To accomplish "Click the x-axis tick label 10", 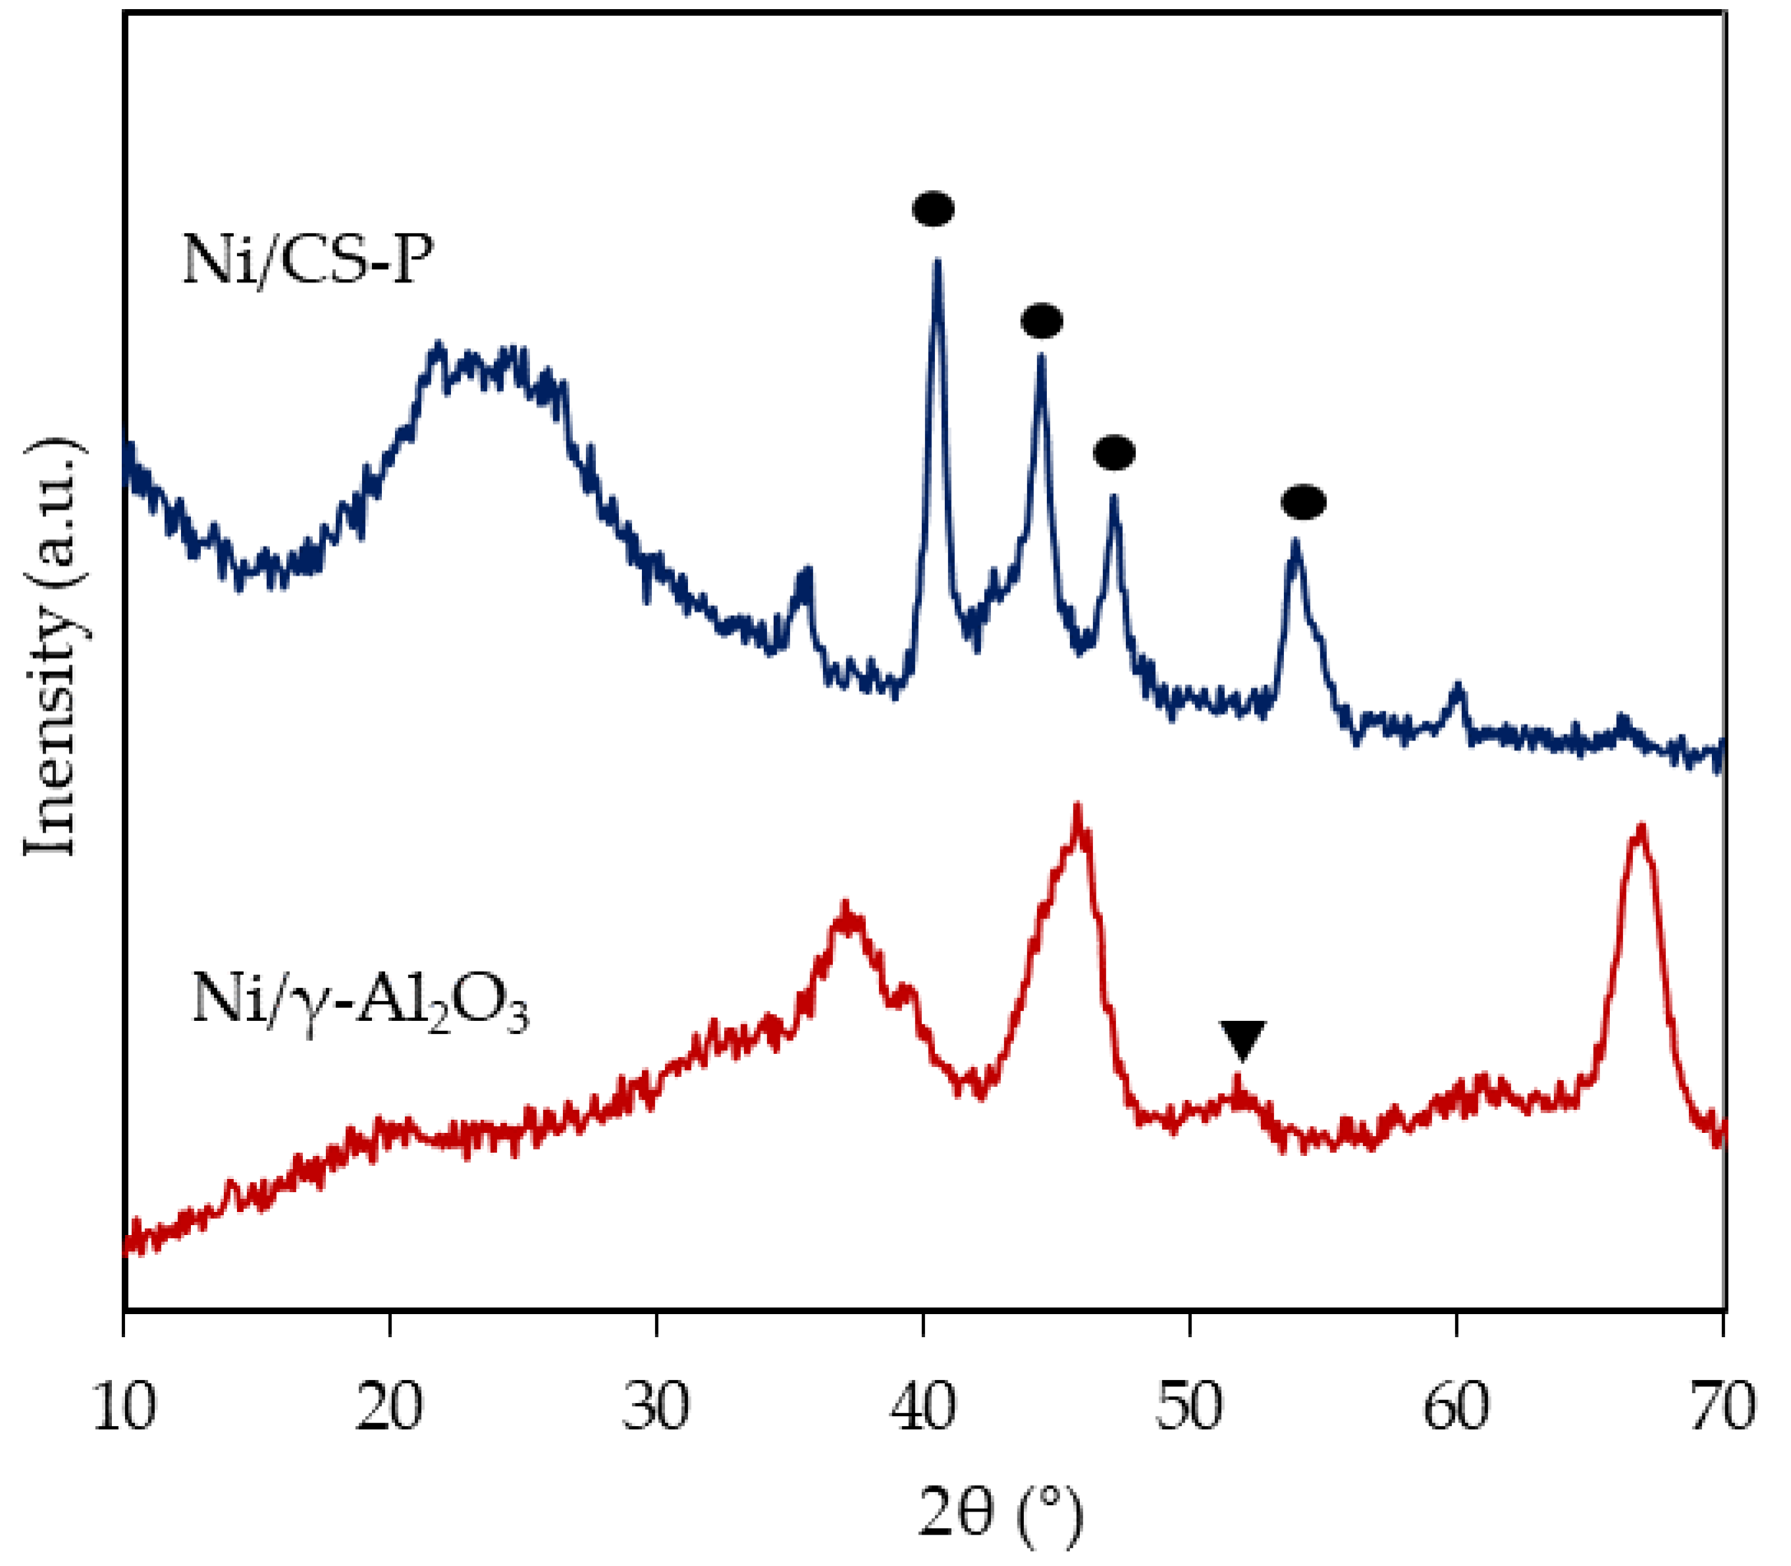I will pos(124,1409).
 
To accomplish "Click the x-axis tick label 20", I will pos(389,1409).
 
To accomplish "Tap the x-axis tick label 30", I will pos(656,1409).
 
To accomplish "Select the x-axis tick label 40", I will pos(923,1409).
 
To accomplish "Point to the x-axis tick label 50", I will pos(1190,1409).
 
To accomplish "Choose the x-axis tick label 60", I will pos(1456,1409).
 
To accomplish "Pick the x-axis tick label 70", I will pos(1722,1409).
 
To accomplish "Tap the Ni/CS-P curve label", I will pos(308,259).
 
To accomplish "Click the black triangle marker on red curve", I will pos(1242,1039).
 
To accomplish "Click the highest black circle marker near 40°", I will pos(933,209).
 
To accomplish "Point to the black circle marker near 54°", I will pos(1304,502).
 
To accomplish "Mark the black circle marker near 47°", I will pos(1114,453).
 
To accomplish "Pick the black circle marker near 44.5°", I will pos(1041,322).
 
